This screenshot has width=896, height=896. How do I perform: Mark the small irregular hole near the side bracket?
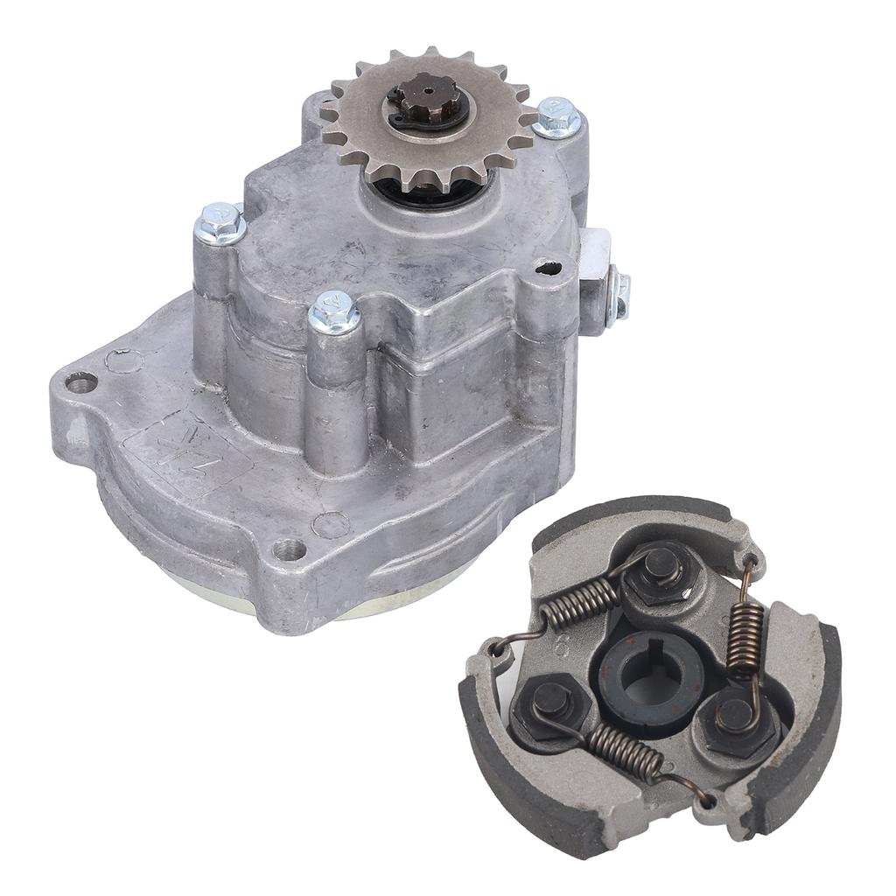[x=549, y=267]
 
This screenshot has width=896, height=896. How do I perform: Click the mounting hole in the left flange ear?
[x=81, y=381]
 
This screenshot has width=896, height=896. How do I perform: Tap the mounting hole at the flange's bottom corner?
[x=289, y=550]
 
